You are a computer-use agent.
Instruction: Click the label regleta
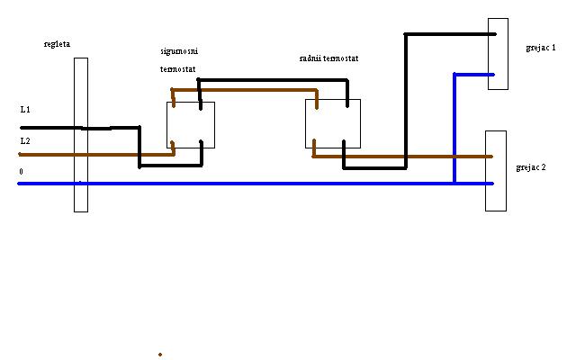pyautogui.click(x=56, y=43)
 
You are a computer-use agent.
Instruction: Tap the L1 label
pyautogui.click(x=25, y=109)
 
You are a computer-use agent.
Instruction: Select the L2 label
pyautogui.click(x=25, y=141)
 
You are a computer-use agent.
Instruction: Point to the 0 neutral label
pyautogui.click(x=21, y=171)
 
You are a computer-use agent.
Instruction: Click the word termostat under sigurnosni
pyautogui.click(x=179, y=68)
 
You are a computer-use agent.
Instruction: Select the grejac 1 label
pyautogui.click(x=539, y=47)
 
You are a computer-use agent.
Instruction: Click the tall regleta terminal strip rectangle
pyautogui.click(x=81, y=135)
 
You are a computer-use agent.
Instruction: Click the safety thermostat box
pyautogui.click(x=191, y=124)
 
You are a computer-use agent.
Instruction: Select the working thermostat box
pyautogui.click(x=333, y=123)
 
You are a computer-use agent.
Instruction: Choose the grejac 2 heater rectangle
pyautogui.click(x=496, y=171)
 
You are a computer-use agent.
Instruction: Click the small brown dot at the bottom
pyautogui.click(x=160, y=354)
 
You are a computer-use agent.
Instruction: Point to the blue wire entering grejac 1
pyautogui.click(x=472, y=75)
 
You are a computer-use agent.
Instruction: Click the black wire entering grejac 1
pyautogui.click(x=450, y=34)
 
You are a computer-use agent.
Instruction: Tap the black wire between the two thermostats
pyautogui.click(x=270, y=80)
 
